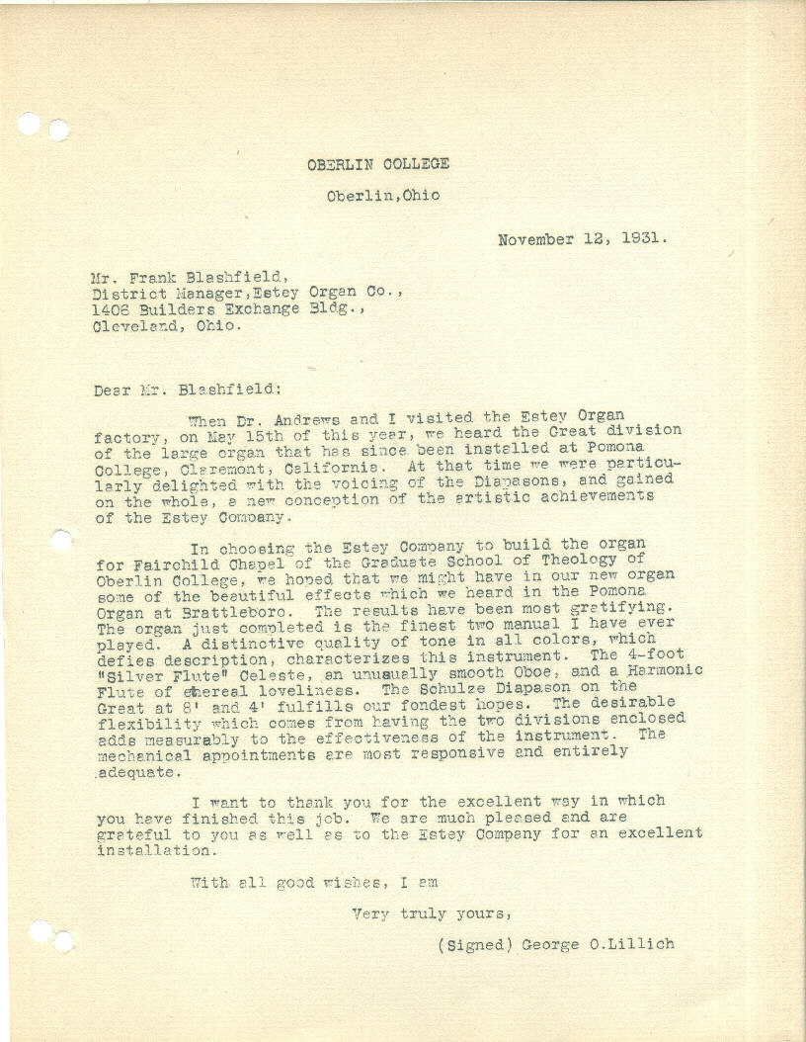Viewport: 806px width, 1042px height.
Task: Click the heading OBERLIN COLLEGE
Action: tap(378, 164)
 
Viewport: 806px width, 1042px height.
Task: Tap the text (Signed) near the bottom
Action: tap(471, 944)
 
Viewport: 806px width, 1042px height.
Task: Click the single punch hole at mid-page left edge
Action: tap(61, 540)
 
